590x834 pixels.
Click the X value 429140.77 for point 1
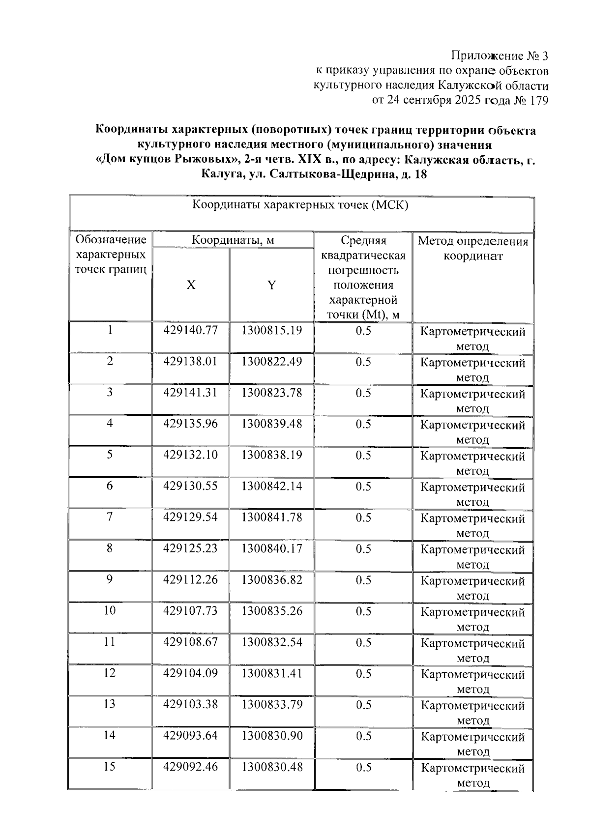[190, 330]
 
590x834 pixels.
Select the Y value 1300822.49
[271, 362]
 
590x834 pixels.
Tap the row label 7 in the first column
[110, 517]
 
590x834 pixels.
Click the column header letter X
[191, 285]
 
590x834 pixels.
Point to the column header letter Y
[271, 285]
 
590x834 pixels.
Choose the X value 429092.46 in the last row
[190, 767]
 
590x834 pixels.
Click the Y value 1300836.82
[271, 580]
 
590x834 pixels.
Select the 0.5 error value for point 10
[363, 611]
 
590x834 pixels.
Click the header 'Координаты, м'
[233, 240]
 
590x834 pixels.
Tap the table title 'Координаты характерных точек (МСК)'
[300, 205]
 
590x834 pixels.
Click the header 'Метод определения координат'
[473, 248]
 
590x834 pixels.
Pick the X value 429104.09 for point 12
[190, 673]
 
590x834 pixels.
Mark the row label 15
[110, 766]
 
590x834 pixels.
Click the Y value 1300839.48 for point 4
[271, 424]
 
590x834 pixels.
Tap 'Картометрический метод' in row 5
[473, 463]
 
